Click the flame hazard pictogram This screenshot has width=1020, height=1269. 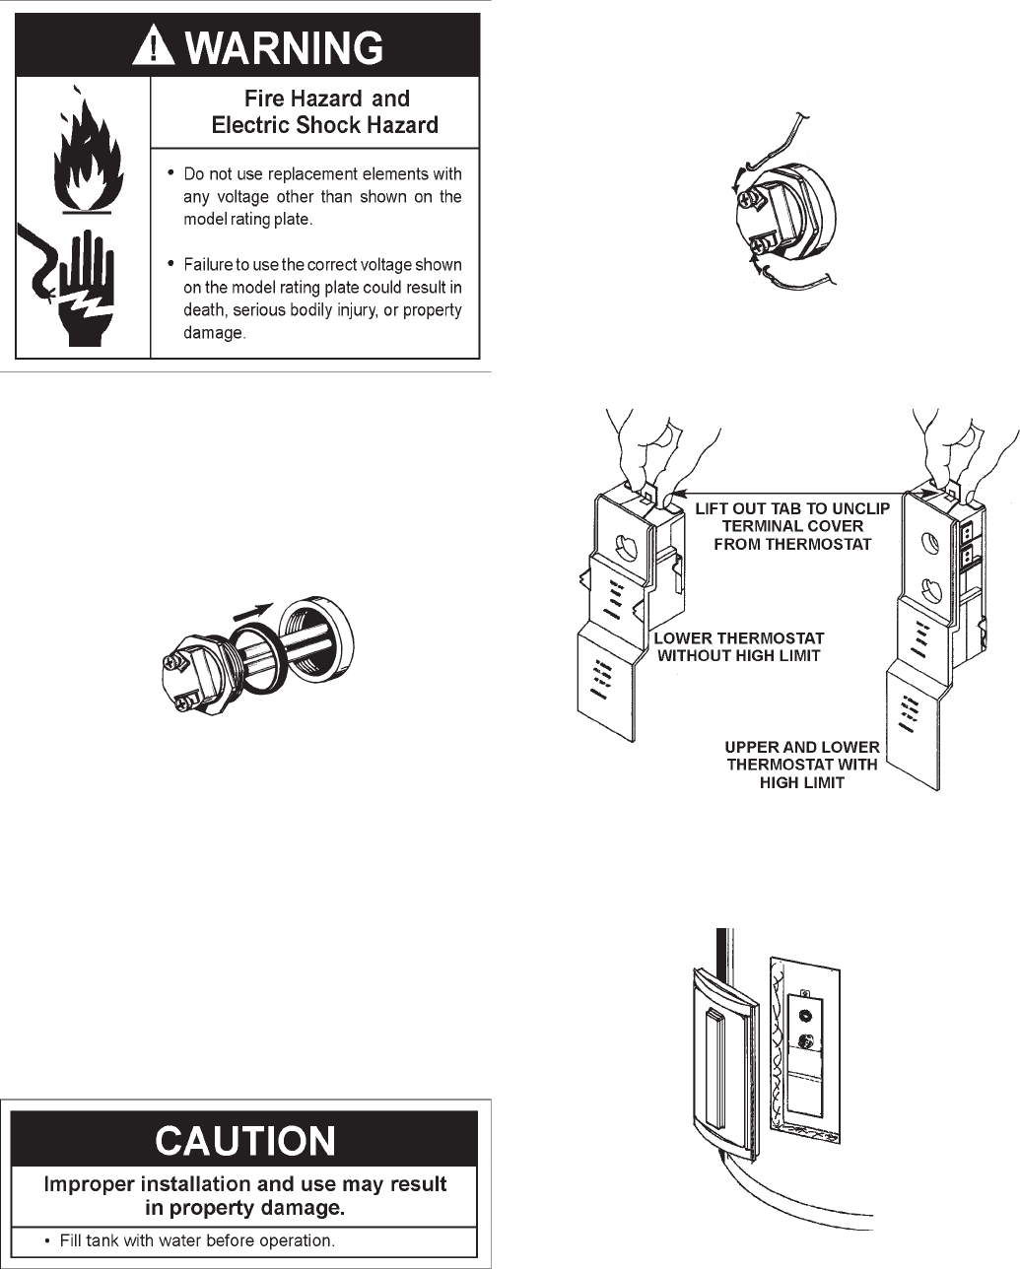[82, 154]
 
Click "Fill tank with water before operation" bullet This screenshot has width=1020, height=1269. [197, 1240]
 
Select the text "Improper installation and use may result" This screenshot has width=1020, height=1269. [244, 1183]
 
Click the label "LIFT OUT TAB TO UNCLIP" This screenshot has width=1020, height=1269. [792, 508]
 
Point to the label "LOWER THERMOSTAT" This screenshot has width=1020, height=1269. [739, 638]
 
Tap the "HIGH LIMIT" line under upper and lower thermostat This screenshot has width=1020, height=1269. [802, 783]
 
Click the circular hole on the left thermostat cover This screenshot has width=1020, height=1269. [621, 546]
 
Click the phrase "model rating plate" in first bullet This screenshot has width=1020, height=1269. [247, 220]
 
